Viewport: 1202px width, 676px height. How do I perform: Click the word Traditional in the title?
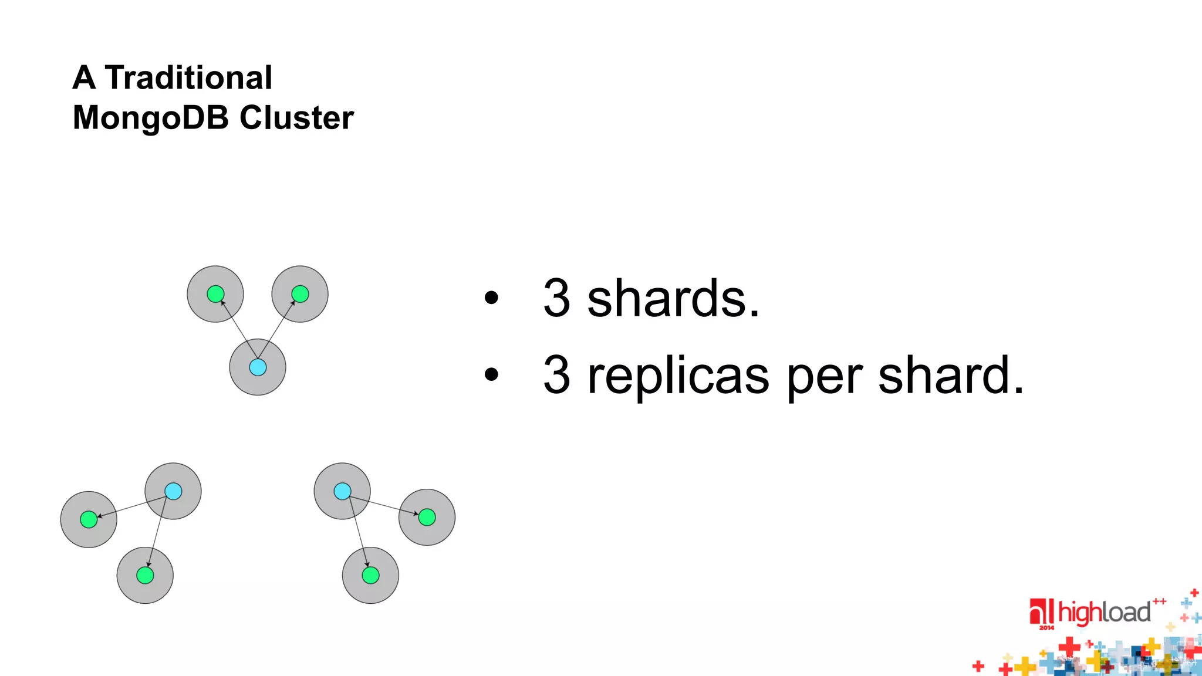pyautogui.click(x=188, y=77)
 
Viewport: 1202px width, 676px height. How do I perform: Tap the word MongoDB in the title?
pyautogui.click(x=150, y=117)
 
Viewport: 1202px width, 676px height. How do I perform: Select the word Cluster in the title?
pyautogui.click(x=296, y=117)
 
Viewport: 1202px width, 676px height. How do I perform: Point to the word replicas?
pyautogui.click(x=678, y=376)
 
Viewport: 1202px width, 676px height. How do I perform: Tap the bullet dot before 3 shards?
pyautogui.click(x=491, y=298)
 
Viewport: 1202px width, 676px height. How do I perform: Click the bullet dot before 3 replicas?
pyautogui.click(x=491, y=374)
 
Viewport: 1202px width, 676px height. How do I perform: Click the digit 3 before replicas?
pyautogui.click(x=556, y=376)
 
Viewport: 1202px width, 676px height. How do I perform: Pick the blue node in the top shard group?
pyautogui.click(x=258, y=367)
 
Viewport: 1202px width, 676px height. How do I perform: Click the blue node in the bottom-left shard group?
pyautogui.click(x=173, y=491)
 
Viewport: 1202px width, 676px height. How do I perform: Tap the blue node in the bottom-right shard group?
pyautogui.click(x=342, y=491)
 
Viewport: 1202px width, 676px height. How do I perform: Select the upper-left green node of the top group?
pyautogui.click(x=215, y=293)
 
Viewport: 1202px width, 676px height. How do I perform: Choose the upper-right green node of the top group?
pyautogui.click(x=300, y=293)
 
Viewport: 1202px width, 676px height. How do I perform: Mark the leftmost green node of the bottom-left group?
pyautogui.click(x=89, y=519)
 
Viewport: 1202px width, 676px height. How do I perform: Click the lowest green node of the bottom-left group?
pyautogui.click(x=145, y=575)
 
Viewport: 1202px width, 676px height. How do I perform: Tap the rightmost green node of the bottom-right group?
pyautogui.click(x=427, y=517)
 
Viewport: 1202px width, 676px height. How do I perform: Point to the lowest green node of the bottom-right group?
pyautogui.click(x=370, y=575)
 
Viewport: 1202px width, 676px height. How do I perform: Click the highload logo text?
pyautogui.click(x=1103, y=613)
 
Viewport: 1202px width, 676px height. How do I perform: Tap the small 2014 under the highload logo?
pyautogui.click(x=1046, y=628)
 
